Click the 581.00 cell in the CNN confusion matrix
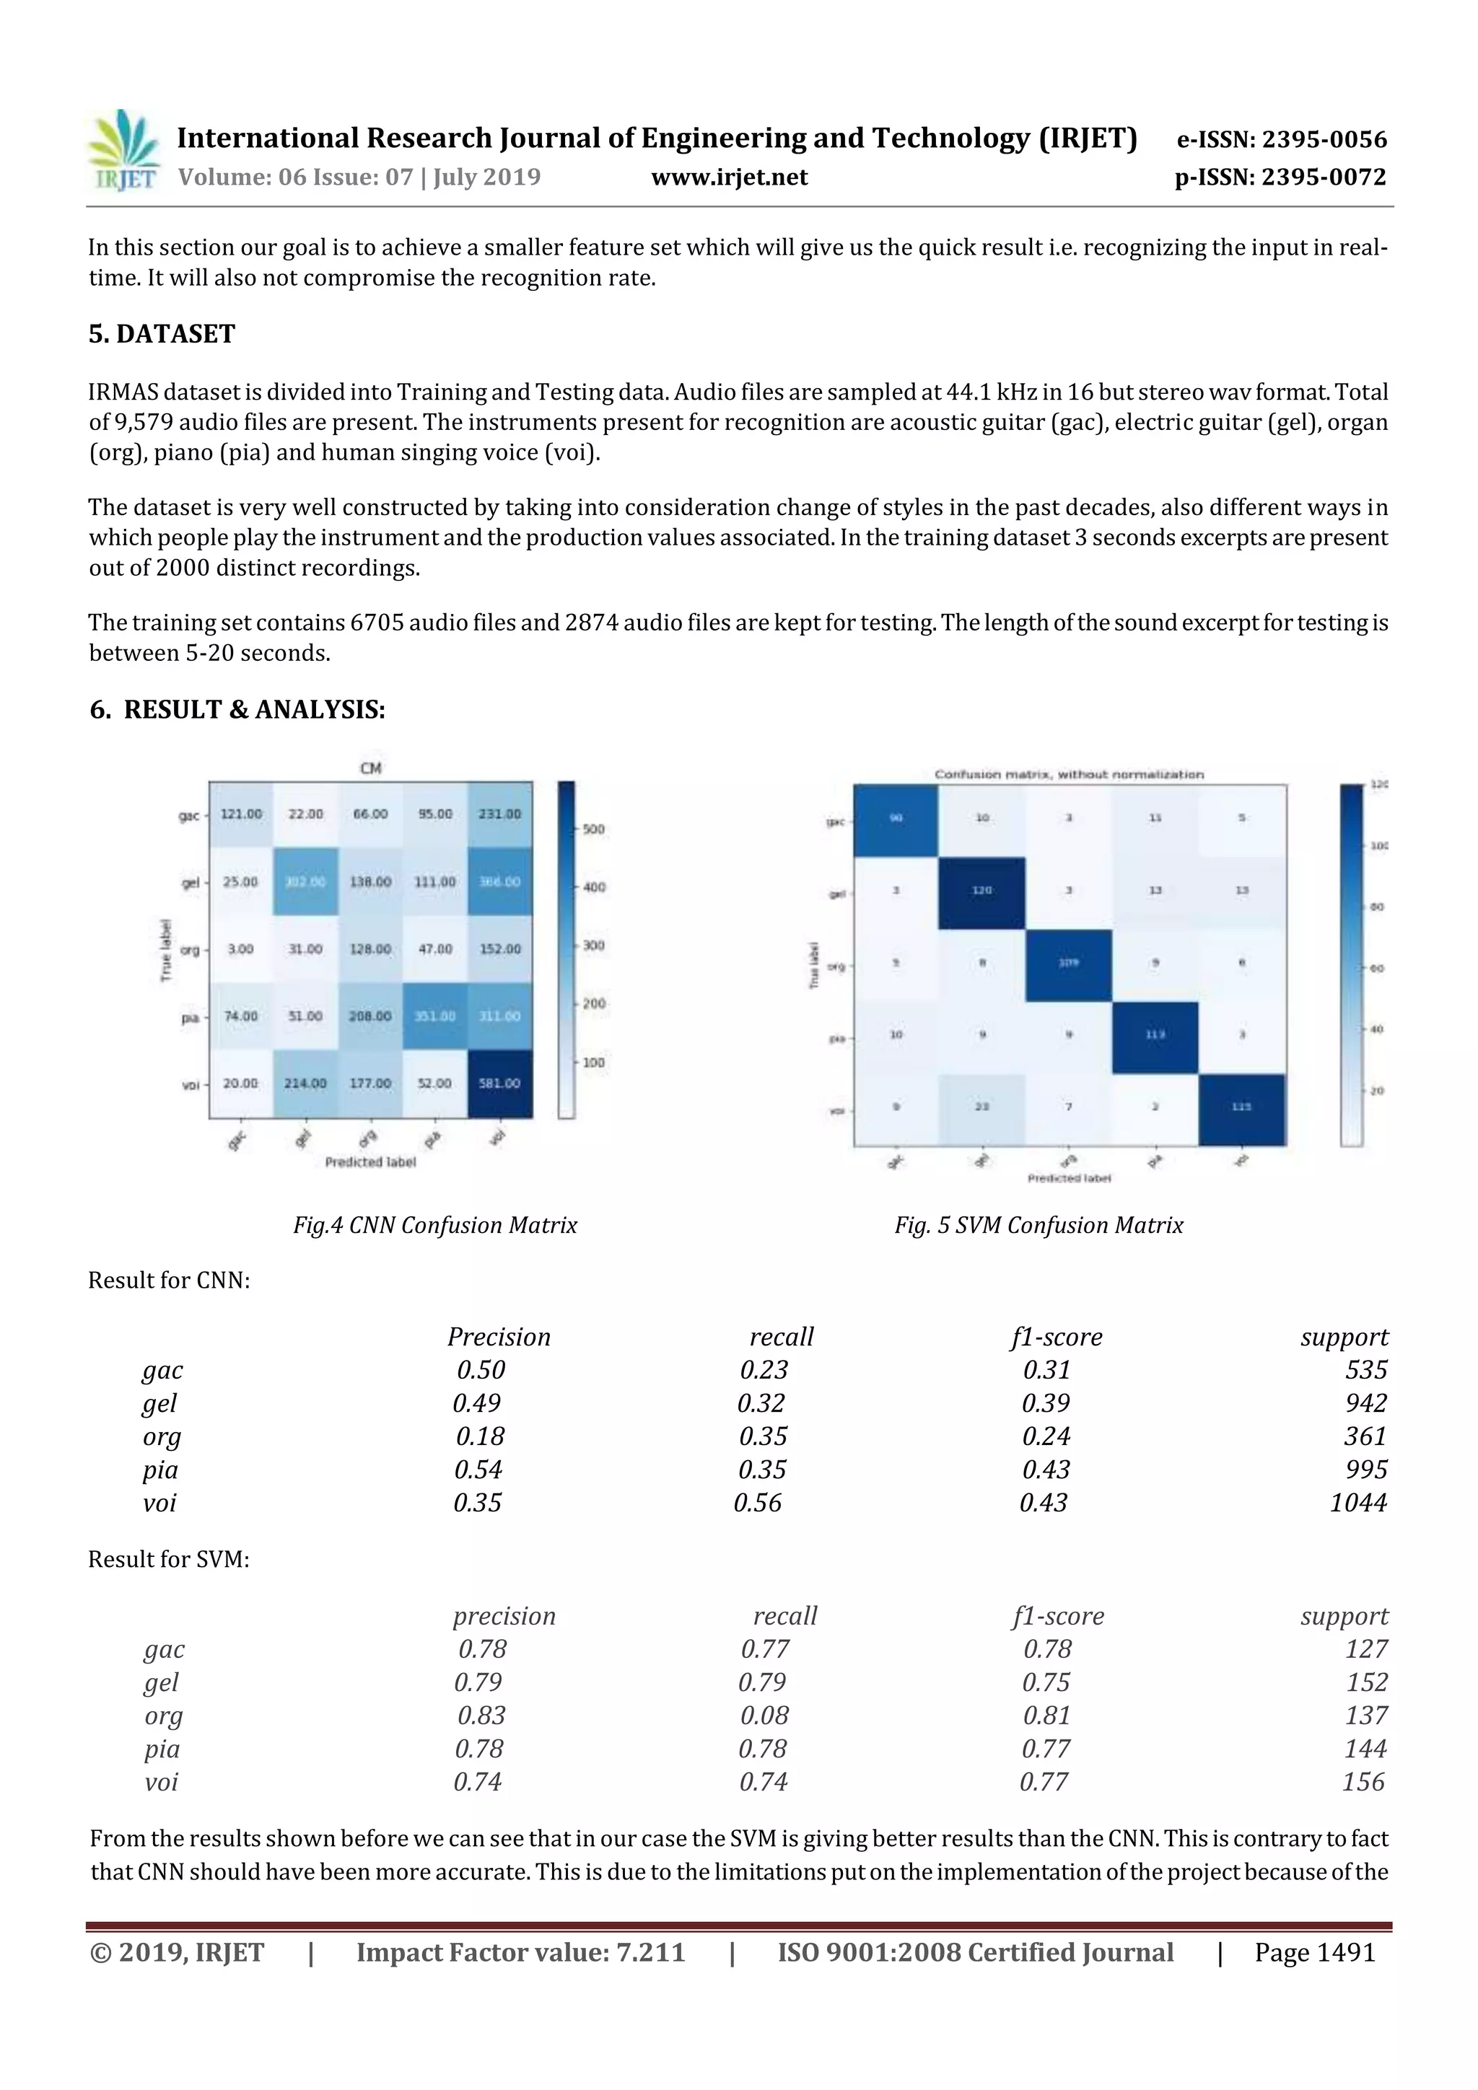click(x=499, y=1083)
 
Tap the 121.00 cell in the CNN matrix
click(x=240, y=814)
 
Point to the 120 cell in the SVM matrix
click(x=981, y=890)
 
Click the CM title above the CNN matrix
click(x=371, y=768)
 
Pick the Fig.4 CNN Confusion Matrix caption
click(x=435, y=1225)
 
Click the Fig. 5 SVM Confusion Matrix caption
click(x=1038, y=1225)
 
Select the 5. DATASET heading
click(x=162, y=334)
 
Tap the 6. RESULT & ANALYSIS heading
click(x=237, y=710)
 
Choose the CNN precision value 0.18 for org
click(x=480, y=1436)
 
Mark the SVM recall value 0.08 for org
click(x=764, y=1715)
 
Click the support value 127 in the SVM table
click(x=1366, y=1648)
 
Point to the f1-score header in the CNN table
click(x=1057, y=1338)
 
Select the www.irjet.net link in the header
click(x=730, y=177)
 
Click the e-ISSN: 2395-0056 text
click(x=1281, y=139)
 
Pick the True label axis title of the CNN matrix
click(x=166, y=949)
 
